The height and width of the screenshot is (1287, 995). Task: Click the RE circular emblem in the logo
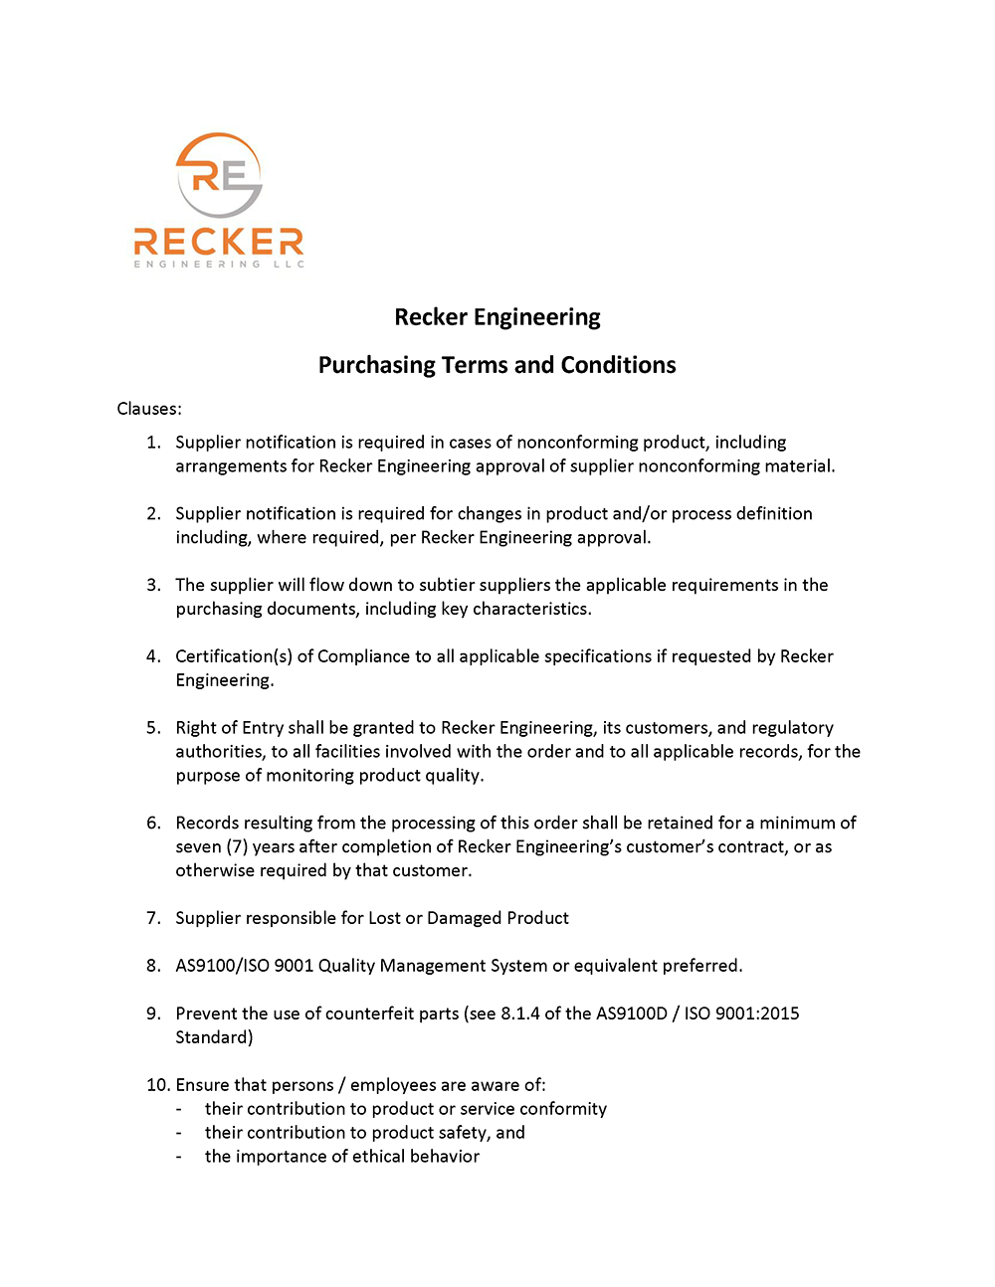pos(219,175)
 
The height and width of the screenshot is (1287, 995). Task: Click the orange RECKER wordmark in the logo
pos(219,242)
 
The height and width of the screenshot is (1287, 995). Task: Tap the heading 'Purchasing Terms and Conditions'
pos(497,365)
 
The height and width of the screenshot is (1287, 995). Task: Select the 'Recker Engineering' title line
pos(497,317)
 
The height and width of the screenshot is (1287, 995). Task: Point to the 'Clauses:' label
pos(149,409)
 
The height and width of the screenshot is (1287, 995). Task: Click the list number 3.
pos(153,585)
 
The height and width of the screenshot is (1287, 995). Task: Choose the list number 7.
pos(153,918)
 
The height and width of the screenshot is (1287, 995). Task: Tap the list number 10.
pos(156,1085)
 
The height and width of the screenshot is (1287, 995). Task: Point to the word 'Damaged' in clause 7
pos(464,918)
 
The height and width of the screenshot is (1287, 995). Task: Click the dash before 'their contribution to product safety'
pos(179,1133)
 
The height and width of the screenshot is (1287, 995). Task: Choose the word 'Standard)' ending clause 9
pos(214,1037)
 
